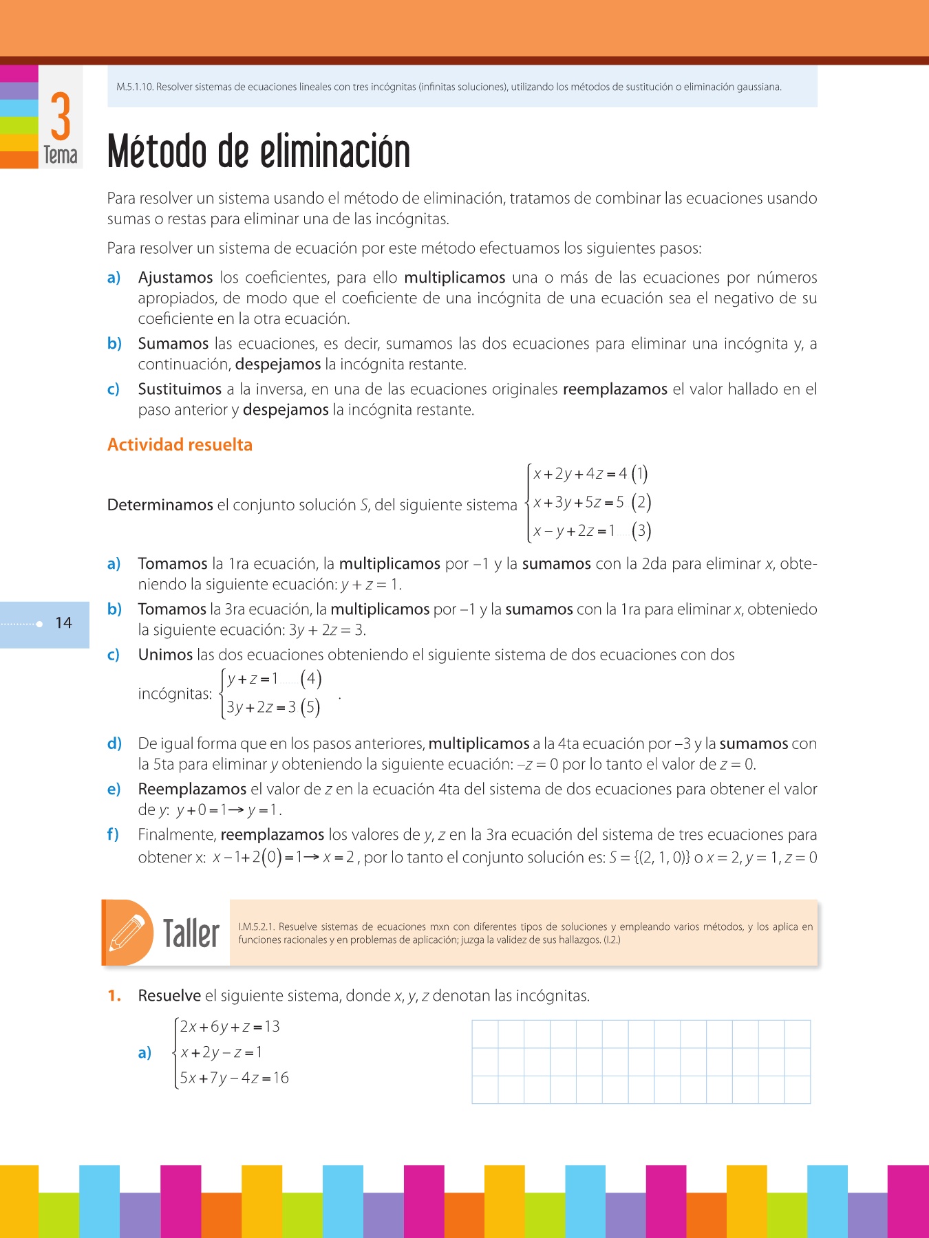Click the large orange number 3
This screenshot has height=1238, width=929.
pyautogui.click(x=61, y=116)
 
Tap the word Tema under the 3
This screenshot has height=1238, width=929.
pyautogui.click(x=61, y=155)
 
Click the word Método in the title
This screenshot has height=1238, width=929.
pyautogui.click(x=156, y=152)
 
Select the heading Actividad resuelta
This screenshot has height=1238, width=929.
pyautogui.click(x=180, y=445)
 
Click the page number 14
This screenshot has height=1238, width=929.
pyautogui.click(x=63, y=623)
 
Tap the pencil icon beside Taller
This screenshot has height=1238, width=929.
pyautogui.click(x=127, y=933)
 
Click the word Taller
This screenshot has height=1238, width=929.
pyautogui.click(x=191, y=934)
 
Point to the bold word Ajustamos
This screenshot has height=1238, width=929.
pyautogui.click(x=175, y=278)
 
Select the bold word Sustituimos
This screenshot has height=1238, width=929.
pyautogui.click(x=180, y=389)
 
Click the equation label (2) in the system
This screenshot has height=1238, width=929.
pyautogui.click(x=641, y=502)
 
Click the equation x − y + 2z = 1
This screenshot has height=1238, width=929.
pyautogui.click(x=574, y=531)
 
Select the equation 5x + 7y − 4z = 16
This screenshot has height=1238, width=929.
pyautogui.click(x=234, y=1078)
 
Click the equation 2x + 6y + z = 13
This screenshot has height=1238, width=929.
pyautogui.click(x=230, y=1027)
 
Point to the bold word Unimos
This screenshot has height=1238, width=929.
pyautogui.click(x=165, y=655)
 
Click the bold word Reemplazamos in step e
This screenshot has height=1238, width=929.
pyautogui.click(x=192, y=790)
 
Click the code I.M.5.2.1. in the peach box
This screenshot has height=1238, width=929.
pyautogui.click(x=257, y=927)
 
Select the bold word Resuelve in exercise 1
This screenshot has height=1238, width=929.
pyautogui.click(x=169, y=996)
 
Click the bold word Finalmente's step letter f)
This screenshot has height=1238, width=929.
pyautogui.click(x=113, y=835)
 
